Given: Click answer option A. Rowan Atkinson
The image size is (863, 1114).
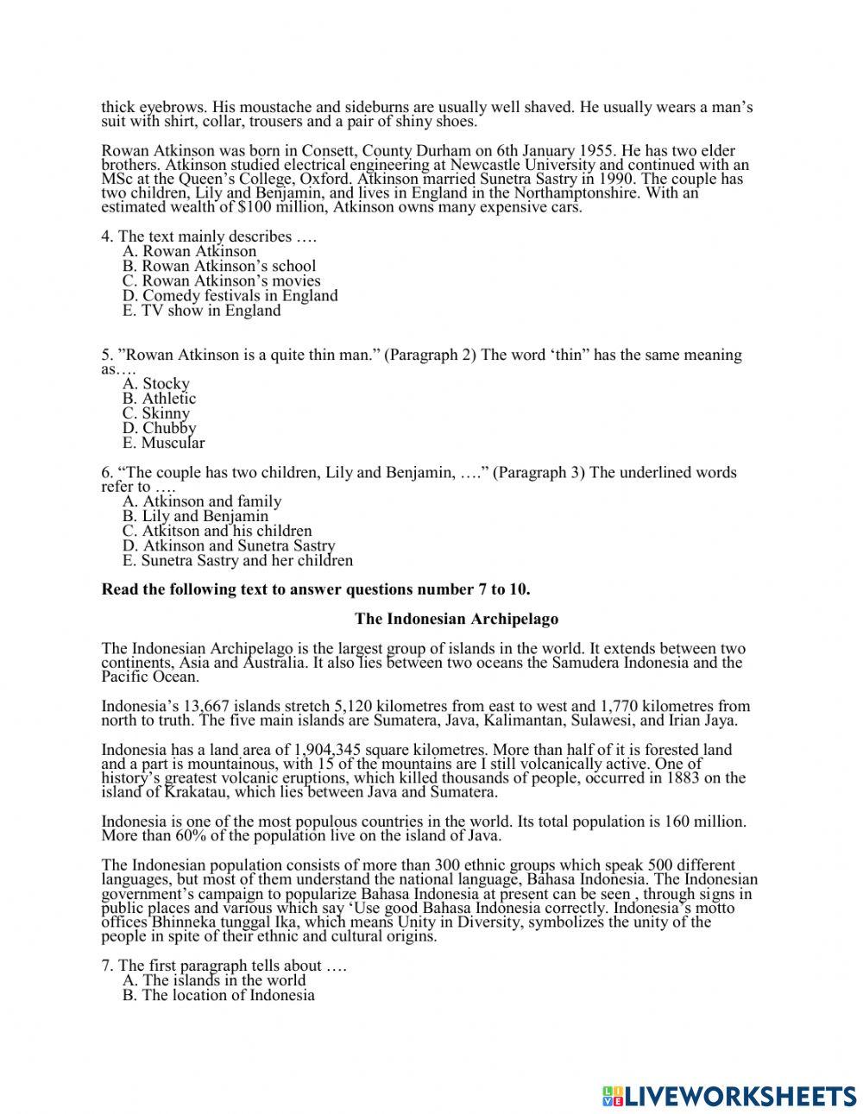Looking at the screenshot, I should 190,251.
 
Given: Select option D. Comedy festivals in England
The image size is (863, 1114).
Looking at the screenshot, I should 230,295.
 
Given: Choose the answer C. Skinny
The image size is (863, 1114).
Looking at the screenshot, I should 156,413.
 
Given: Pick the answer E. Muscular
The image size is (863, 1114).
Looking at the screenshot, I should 164,443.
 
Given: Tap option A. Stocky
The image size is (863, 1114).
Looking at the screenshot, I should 156,384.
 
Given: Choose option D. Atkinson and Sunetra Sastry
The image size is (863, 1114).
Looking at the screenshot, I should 229,545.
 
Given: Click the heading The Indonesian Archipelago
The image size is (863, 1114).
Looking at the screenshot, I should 457,619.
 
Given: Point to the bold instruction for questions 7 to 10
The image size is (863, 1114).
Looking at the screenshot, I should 316,589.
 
